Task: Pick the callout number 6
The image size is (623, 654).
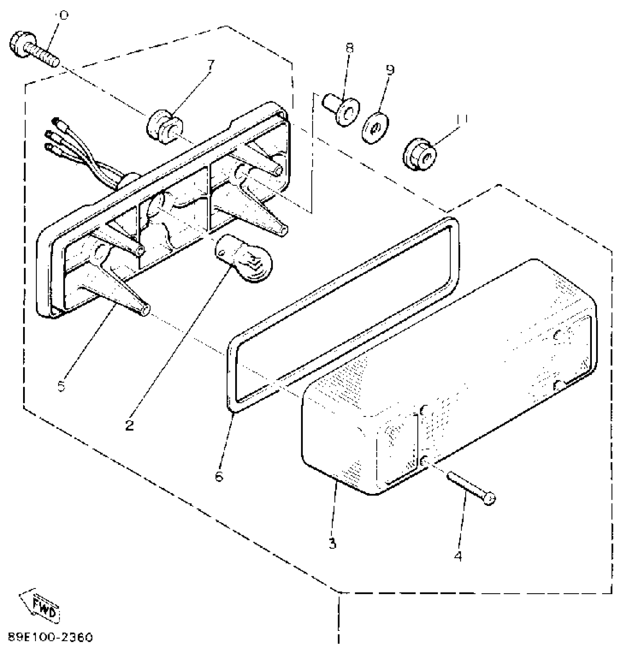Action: point(219,476)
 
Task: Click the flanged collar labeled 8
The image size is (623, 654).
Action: point(342,109)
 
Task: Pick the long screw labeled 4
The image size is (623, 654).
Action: point(471,486)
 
